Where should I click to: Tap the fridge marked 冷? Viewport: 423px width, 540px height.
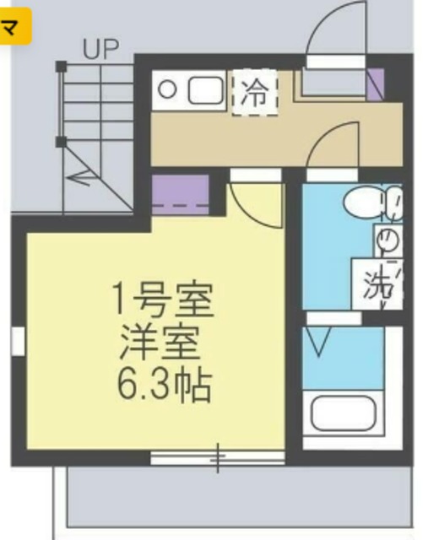(254, 92)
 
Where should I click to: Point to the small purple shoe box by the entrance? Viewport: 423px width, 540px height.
(376, 81)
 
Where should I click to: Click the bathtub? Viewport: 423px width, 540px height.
(345, 414)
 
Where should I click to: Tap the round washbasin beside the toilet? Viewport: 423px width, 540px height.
(387, 240)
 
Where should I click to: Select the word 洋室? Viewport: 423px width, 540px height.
(161, 342)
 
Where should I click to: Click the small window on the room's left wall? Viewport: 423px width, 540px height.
(17, 342)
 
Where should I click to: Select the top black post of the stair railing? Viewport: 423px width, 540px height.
(60, 66)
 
